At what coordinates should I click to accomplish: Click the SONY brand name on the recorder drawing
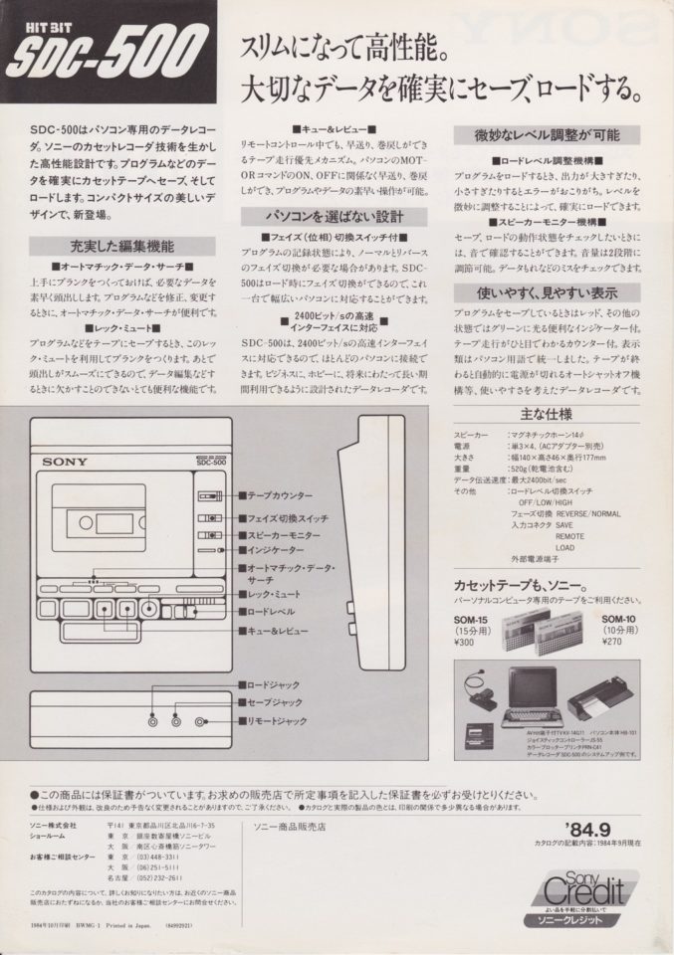coord(65,461)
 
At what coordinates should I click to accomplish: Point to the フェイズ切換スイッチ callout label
coord(288,518)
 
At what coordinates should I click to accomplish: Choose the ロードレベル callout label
coord(271,610)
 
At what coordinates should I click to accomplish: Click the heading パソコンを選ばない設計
coord(335,216)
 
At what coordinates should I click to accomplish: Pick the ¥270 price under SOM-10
coord(612,642)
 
